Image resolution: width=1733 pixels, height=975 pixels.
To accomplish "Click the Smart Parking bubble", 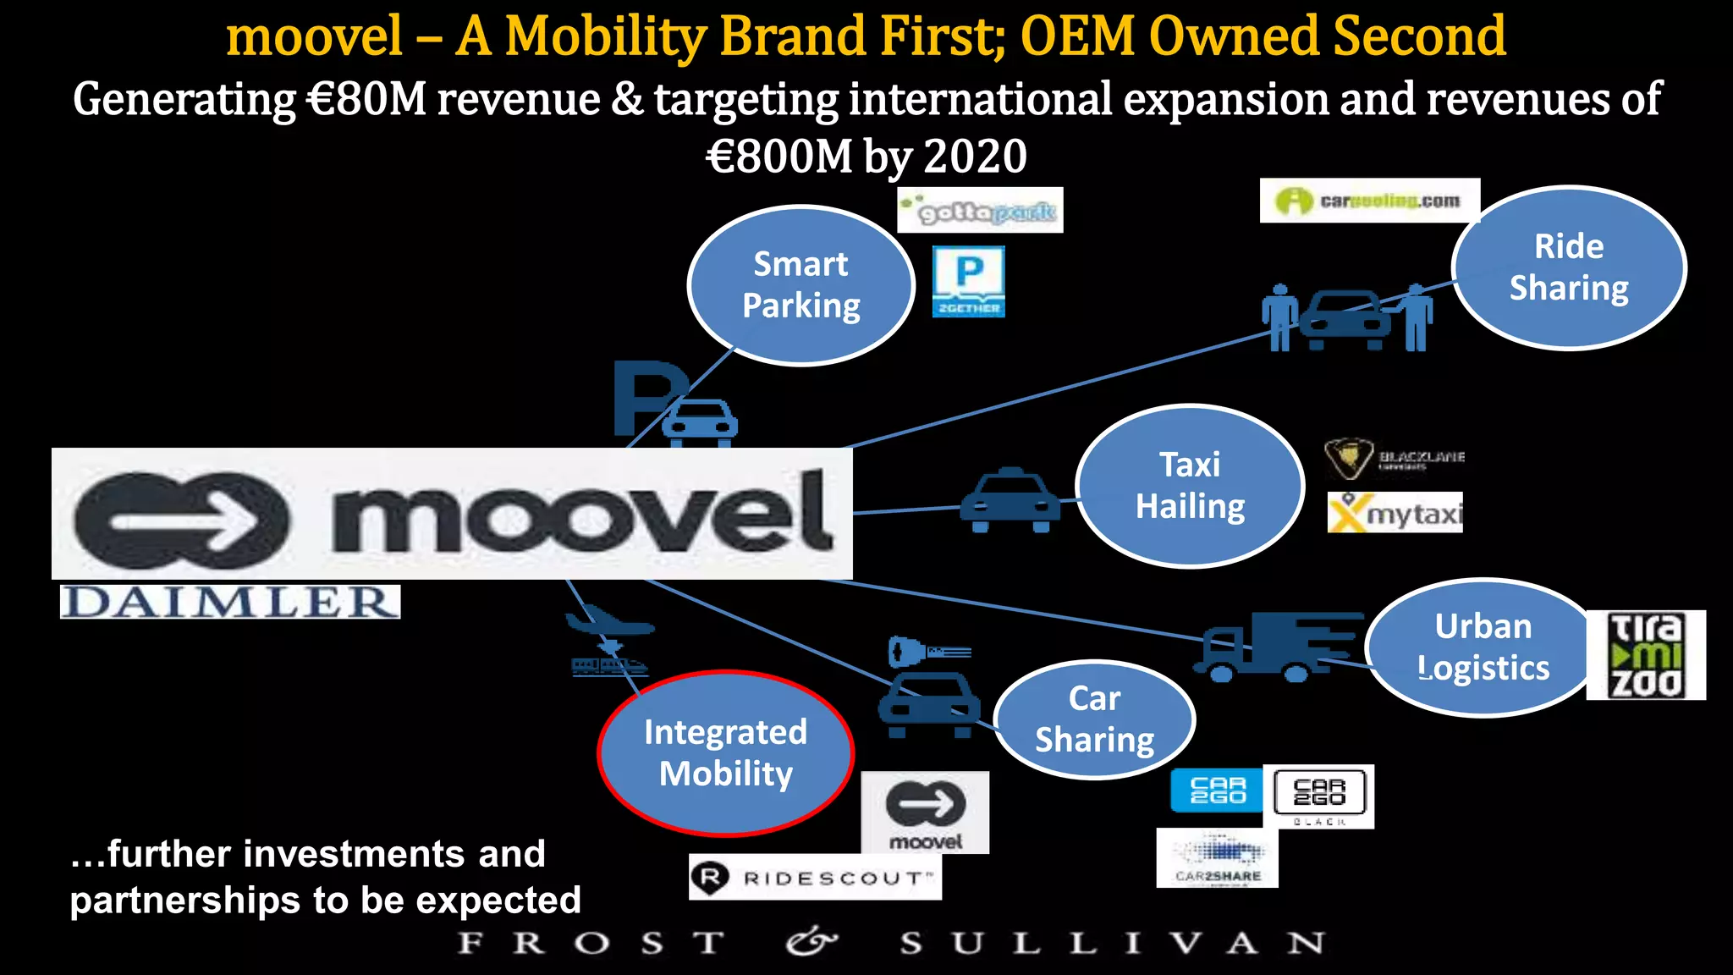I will (800, 285).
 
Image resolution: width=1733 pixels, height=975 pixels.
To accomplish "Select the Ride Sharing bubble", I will (1569, 267).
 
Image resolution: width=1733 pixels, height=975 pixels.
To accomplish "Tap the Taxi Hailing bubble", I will (1190, 486).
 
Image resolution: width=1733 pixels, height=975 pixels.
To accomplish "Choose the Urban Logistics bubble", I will (1483, 647).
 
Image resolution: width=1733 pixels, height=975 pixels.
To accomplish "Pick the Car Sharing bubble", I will (1094, 719).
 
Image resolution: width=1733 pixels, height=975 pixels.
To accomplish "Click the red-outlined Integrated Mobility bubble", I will (725, 752).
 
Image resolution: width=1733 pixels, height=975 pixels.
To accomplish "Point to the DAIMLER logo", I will (230, 602).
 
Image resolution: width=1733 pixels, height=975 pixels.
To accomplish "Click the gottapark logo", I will (980, 210).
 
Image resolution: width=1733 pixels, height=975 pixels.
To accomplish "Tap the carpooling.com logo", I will (1369, 201).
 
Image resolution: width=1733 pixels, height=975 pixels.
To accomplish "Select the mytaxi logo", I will (1395, 513).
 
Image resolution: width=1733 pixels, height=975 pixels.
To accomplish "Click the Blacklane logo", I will (1395, 459).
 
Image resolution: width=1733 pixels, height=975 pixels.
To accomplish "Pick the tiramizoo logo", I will (1645, 655).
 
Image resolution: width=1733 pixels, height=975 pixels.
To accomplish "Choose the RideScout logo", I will (815, 878).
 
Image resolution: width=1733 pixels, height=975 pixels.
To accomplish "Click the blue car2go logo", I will (1217, 790).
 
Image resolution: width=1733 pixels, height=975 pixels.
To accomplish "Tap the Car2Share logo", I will (1217, 857).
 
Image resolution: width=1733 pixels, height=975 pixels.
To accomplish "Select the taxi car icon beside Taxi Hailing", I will (1010, 500).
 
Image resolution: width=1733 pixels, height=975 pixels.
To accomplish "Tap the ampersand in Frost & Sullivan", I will (810, 942).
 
